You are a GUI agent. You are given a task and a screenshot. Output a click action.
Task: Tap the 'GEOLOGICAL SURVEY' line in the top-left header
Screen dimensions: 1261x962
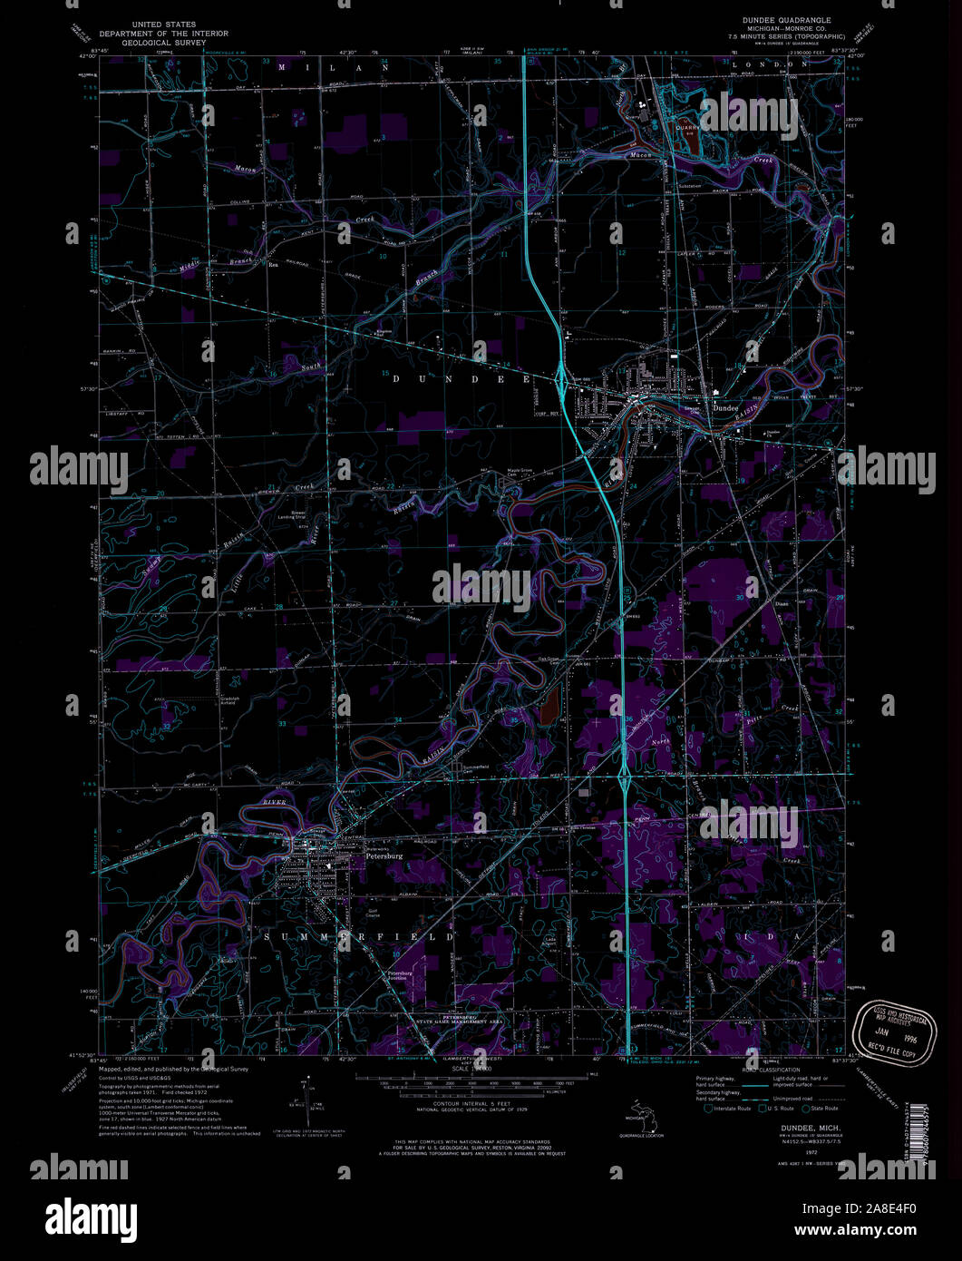coord(163,42)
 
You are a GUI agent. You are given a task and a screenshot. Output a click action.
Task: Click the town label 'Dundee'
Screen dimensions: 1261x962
coord(725,408)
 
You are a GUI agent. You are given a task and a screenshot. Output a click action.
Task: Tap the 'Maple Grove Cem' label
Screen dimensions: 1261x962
coord(519,471)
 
